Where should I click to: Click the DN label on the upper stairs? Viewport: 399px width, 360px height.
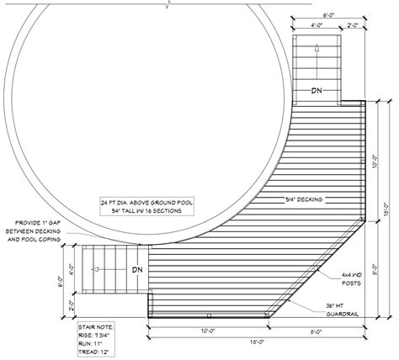(317, 91)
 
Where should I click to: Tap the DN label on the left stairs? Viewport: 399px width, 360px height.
(136, 270)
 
